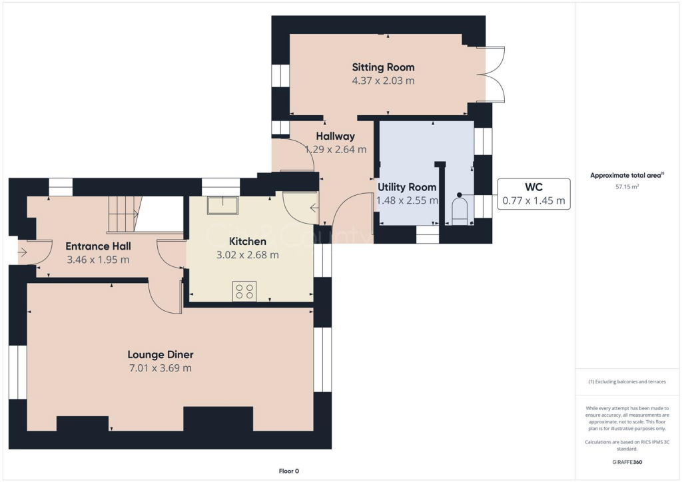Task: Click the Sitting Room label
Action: pyautogui.click(x=383, y=67)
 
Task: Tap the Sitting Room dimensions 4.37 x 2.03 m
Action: pyautogui.click(x=383, y=81)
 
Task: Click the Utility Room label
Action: pyautogui.click(x=407, y=187)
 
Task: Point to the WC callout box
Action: pyautogui.click(x=533, y=194)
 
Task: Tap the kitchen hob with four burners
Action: pyautogui.click(x=244, y=291)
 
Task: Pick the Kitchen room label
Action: pyautogui.click(x=247, y=241)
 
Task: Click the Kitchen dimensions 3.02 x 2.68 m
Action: pyautogui.click(x=247, y=254)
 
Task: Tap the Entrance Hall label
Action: pyautogui.click(x=97, y=246)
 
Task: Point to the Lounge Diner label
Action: pyautogui.click(x=161, y=355)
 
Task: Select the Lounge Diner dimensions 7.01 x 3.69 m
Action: pyautogui.click(x=161, y=368)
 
